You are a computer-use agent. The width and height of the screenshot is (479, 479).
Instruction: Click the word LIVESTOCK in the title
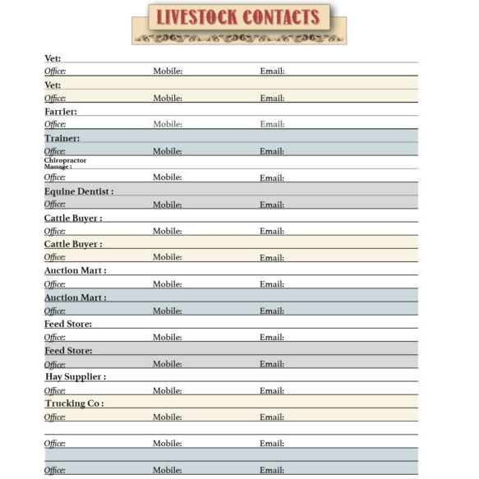pyautogui.click(x=195, y=17)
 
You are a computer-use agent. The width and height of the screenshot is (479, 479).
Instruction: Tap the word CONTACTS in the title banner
pyautogui.click(x=280, y=17)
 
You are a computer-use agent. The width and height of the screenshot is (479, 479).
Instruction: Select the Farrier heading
pyautogui.click(x=61, y=111)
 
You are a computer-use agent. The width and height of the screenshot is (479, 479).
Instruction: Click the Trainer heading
pyautogui.click(x=62, y=138)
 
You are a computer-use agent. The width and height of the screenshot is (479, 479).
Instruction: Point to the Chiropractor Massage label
pyautogui.click(x=65, y=163)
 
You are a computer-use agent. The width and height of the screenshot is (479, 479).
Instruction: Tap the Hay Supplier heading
pyautogui.click(x=75, y=376)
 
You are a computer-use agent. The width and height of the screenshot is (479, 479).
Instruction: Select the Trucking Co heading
pyautogui.click(x=74, y=403)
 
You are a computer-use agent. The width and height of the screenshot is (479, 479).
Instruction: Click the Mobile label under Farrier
pyautogui.click(x=168, y=124)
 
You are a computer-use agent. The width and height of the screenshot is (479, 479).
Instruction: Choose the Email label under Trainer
pyautogui.click(x=272, y=151)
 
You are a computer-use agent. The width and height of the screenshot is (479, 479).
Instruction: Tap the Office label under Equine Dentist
pyautogui.click(x=55, y=205)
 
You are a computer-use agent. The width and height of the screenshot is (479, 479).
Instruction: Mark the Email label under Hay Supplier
pyautogui.click(x=272, y=390)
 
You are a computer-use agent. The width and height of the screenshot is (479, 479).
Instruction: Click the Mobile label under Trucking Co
pyautogui.click(x=168, y=417)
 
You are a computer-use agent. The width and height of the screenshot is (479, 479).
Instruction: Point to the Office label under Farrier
pyautogui.click(x=55, y=124)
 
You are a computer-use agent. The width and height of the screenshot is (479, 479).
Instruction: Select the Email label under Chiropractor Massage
pyautogui.click(x=272, y=177)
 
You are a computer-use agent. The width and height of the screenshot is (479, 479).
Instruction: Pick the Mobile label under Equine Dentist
pyautogui.click(x=168, y=205)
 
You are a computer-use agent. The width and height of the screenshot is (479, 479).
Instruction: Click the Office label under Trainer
pyautogui.click(x=55, y=151)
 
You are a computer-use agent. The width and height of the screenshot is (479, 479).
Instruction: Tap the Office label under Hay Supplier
pyautogui.click(x=55, y=390)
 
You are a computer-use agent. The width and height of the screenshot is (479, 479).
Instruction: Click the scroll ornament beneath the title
pyautogui.click(x=239, y=38)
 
